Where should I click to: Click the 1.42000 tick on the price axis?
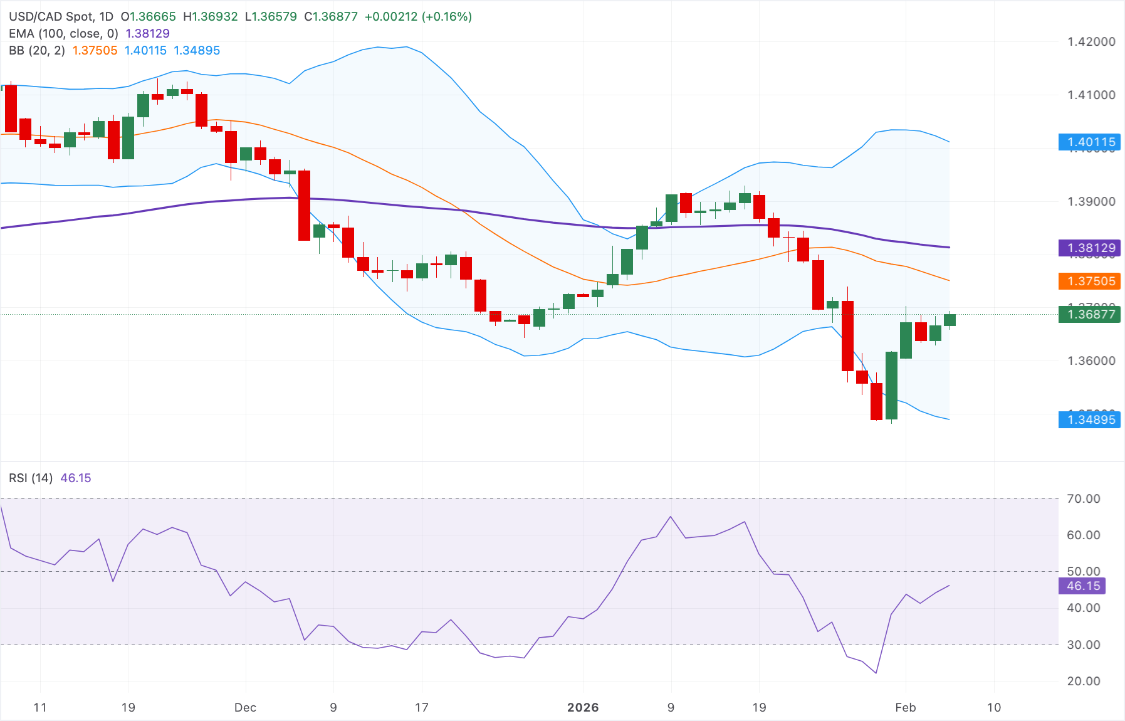(1091, 41)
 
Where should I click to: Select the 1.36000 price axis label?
(1091, 360)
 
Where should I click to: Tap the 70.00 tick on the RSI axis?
(1083, 498)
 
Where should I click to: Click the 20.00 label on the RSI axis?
(1083, 681)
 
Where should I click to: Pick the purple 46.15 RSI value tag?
(1082, 586)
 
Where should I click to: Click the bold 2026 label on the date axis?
(583, 707)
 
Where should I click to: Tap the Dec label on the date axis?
(245, 707)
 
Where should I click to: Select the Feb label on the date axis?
(905, 707)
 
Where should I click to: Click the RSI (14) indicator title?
(31, 478)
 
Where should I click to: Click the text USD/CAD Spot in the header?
(51, 16)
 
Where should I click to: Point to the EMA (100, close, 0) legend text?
(63, 33)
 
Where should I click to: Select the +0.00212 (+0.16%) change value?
(418, 16)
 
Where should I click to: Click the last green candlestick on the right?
(950, 320)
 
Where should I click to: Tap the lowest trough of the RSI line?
(876, 673)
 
